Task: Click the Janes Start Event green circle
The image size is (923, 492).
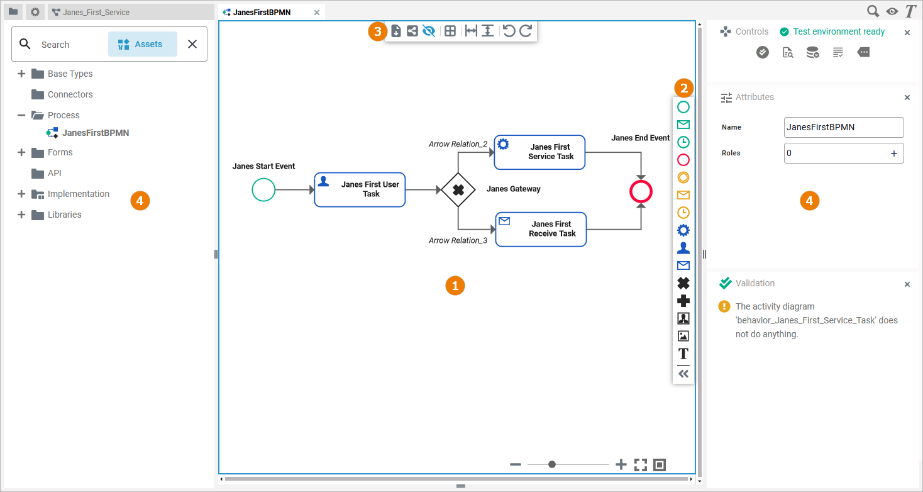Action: point(263,189)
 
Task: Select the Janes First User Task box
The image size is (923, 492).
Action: point(360,189)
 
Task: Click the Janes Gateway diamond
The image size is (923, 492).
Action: point(458,189)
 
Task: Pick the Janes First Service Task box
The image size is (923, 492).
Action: point(539,152)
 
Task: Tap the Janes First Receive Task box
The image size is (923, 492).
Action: point(541,229)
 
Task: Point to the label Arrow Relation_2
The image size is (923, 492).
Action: point(458,144)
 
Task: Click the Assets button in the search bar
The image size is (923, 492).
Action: point(142,44)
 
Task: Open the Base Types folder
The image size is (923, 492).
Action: point(70,74)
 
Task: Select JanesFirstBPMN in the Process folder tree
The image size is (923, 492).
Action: point(96,133)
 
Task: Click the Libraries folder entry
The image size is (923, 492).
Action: point(64,215)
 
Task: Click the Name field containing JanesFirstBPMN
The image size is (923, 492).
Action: point(844,127)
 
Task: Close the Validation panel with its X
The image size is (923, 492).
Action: point(907,284)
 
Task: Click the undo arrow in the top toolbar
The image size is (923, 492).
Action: point(509,31)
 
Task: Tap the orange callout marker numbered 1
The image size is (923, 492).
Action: point(455,285)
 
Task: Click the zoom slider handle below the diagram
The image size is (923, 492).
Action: point(552,464)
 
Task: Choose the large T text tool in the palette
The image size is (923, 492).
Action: point(683,354)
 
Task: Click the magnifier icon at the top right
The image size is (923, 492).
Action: point(873,11)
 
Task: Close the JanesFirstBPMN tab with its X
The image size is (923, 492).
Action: point(317,13)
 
